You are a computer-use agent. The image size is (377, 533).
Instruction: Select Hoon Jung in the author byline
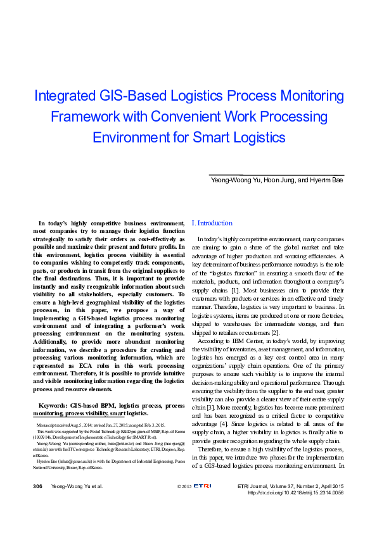[279, 180]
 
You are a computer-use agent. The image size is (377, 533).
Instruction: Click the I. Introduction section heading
[212, 223]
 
